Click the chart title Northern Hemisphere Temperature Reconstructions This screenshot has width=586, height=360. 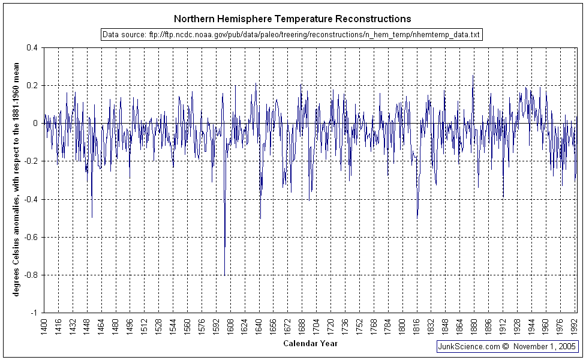coord(293,19)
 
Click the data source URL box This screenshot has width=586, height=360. coord(292,35)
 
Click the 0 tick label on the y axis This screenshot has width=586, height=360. coord(35,124)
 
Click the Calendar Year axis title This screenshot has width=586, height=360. coord(310,344)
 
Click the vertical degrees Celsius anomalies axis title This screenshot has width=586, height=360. coord(17,180)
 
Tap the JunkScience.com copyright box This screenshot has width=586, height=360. coord(507,346)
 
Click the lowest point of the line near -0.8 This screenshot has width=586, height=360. coord(224,275)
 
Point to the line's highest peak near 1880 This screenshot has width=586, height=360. coord(473,76)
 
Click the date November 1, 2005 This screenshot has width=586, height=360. coord(546,346)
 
